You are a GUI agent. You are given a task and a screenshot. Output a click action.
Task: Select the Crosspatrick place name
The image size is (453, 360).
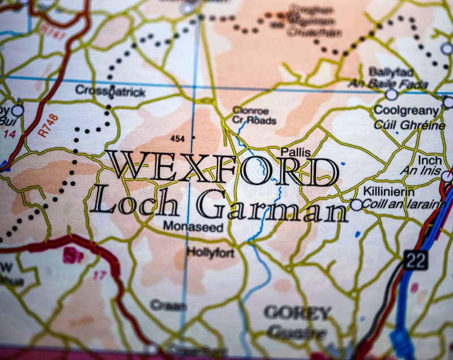point(110,91)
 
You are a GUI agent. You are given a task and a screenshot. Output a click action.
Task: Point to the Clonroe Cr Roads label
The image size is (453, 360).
point(254,115)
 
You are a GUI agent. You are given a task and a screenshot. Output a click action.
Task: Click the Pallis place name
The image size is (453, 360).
point(295,152)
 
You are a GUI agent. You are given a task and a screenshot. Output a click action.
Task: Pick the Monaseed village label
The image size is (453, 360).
point(193,226)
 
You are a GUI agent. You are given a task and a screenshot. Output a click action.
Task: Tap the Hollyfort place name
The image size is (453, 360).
point(210,253)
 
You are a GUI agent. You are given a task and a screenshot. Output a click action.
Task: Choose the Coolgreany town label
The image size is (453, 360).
point(406,111)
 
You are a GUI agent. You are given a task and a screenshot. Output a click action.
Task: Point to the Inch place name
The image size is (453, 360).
point(429,160)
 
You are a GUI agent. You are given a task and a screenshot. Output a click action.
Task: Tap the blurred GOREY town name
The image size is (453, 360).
point(297,312)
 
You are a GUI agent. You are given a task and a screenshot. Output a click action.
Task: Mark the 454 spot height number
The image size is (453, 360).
point(178,138)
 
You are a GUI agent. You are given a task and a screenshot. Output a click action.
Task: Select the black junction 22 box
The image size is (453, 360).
point(416,259)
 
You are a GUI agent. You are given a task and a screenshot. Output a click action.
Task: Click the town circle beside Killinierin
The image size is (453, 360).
point(356,205)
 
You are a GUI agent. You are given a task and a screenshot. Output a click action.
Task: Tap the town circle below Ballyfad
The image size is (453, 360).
point(391,95)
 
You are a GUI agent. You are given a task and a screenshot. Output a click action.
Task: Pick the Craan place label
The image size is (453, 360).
point(168,305)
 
